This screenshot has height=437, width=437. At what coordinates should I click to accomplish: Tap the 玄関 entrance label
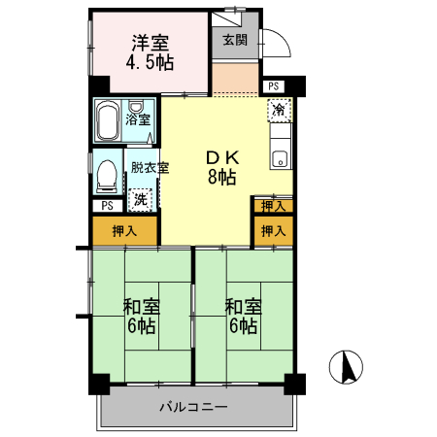(x=234, y=40)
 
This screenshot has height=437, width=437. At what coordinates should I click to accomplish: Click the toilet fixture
(x=107, y=177)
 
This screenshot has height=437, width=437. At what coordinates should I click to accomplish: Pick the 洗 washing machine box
(x=142, y=198)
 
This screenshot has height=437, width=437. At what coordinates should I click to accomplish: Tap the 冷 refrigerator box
(x=280, y=109)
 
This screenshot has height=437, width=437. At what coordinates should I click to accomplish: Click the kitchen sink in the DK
(x=280, y=158)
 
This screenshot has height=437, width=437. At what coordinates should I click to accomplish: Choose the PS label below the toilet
(x=107, y=205)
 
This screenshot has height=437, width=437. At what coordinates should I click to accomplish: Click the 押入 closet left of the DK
(x=124, y=231)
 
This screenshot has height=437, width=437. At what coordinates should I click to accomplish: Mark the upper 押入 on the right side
(x=273, y=205)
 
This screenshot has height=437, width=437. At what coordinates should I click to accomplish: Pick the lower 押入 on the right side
(x=273, y=231)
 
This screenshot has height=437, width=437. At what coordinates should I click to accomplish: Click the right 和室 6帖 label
(x=243, y=317)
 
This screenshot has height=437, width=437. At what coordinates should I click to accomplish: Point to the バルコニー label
(x=193, y=406)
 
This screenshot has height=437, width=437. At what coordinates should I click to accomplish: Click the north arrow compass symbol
(x=347, y=367)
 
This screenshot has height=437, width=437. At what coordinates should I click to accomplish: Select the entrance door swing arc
(x=275, y=44)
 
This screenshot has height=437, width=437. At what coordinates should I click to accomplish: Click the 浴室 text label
(x=139, y=120)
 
